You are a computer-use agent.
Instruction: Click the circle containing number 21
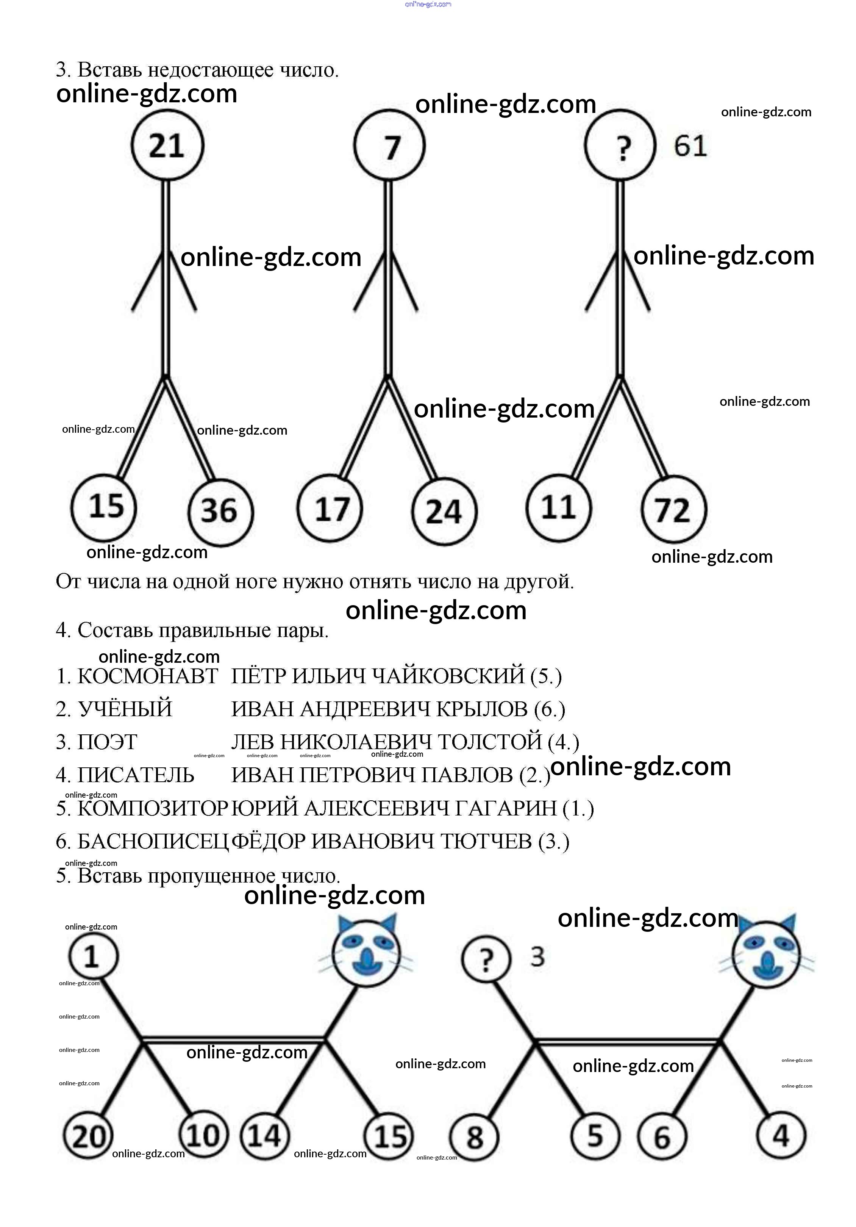(167, 146)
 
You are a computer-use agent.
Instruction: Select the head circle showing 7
(389, 146)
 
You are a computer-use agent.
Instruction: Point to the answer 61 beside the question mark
(690, 146)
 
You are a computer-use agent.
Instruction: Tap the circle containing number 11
(558, 507)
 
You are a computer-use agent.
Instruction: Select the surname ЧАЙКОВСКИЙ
(447, 676)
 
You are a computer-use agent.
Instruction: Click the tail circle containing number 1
(93, 956)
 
